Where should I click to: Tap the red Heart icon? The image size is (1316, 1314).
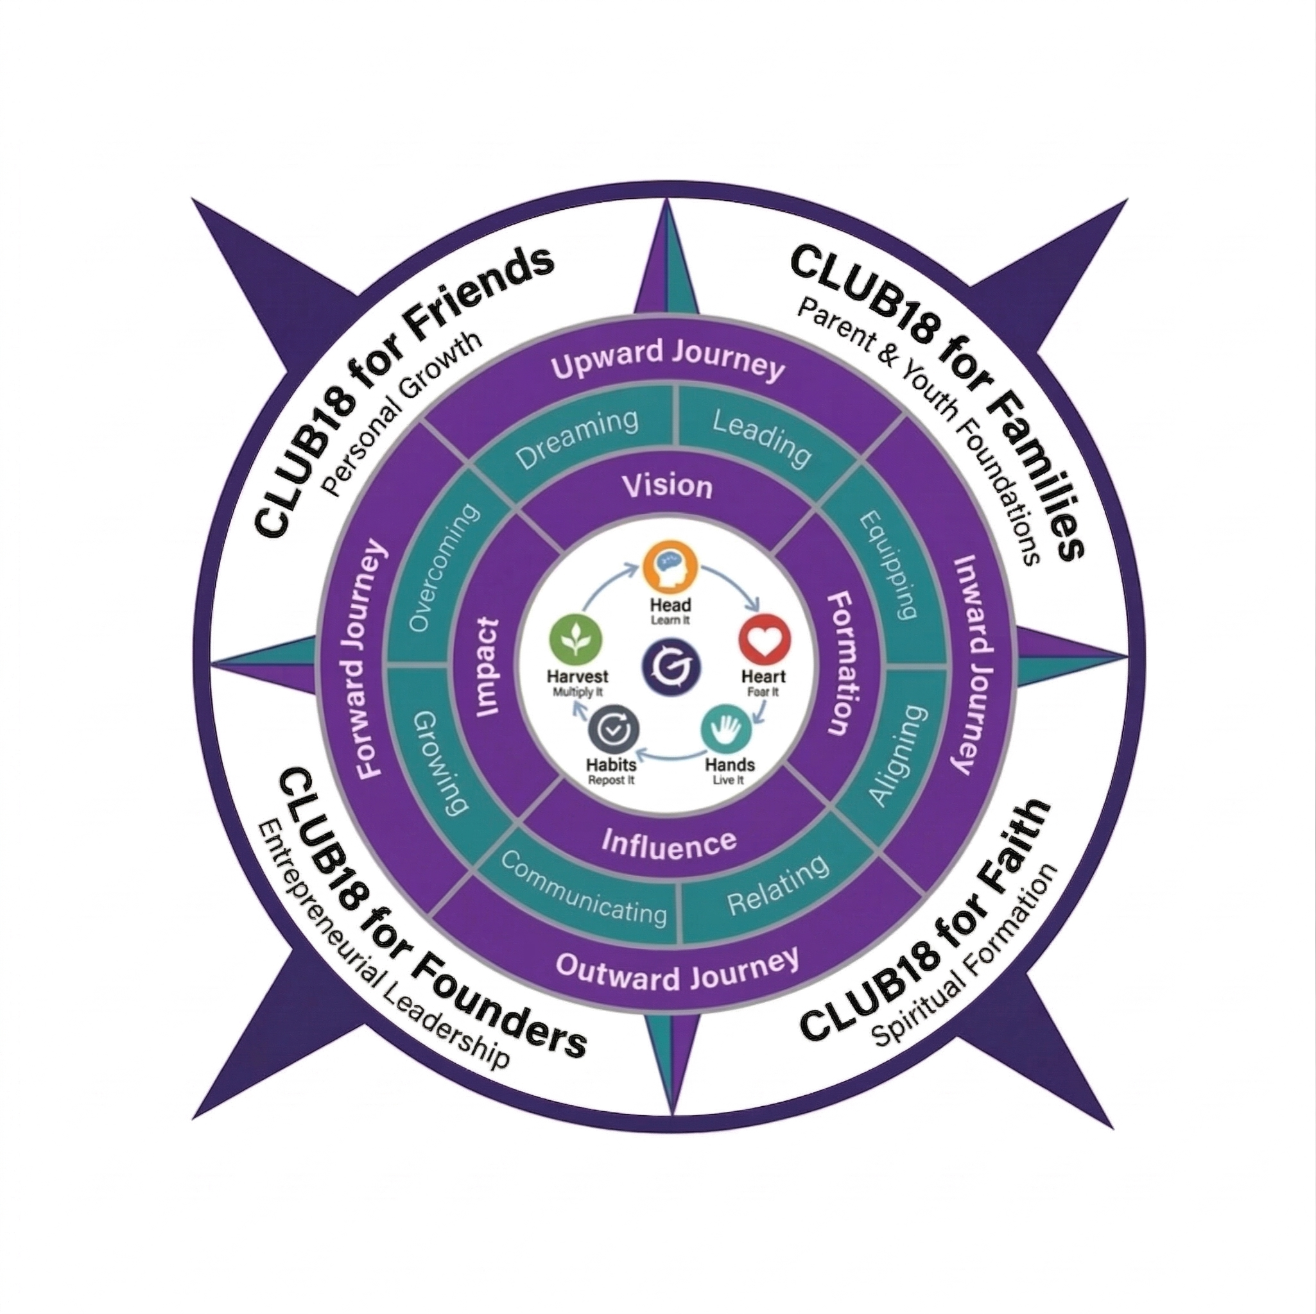tap(766, 639)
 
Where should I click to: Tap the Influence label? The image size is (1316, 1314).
tap(669, 844)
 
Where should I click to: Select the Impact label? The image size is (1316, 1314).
tap(489, 667)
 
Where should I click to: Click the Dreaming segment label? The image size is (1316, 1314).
tap(576, 438)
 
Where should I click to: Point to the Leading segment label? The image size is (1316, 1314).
tap(761, 439)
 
